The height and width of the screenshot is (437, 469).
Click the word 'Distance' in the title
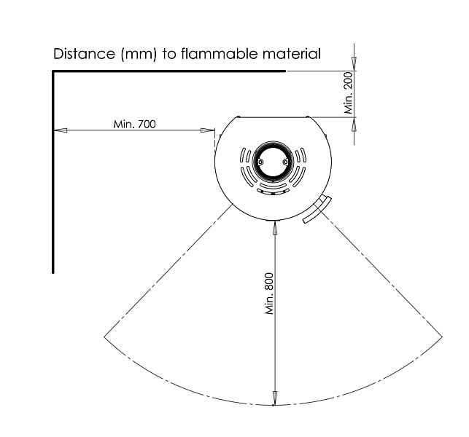[x=84, y=54]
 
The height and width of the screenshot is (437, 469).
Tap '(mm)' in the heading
[x=139, y=55]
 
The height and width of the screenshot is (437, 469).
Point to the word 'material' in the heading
[x=292, y=54]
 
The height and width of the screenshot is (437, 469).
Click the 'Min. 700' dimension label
[x=135, y=124]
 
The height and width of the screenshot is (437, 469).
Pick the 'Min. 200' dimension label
[x=349, y=92]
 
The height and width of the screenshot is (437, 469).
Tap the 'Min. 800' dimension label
[x=269, y=294]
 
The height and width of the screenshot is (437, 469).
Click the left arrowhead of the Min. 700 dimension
[x=60, y=130]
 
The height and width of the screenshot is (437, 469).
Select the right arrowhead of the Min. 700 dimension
[x=208, y=130]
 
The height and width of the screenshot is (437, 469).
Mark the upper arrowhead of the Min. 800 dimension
[x=274, y=229]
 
